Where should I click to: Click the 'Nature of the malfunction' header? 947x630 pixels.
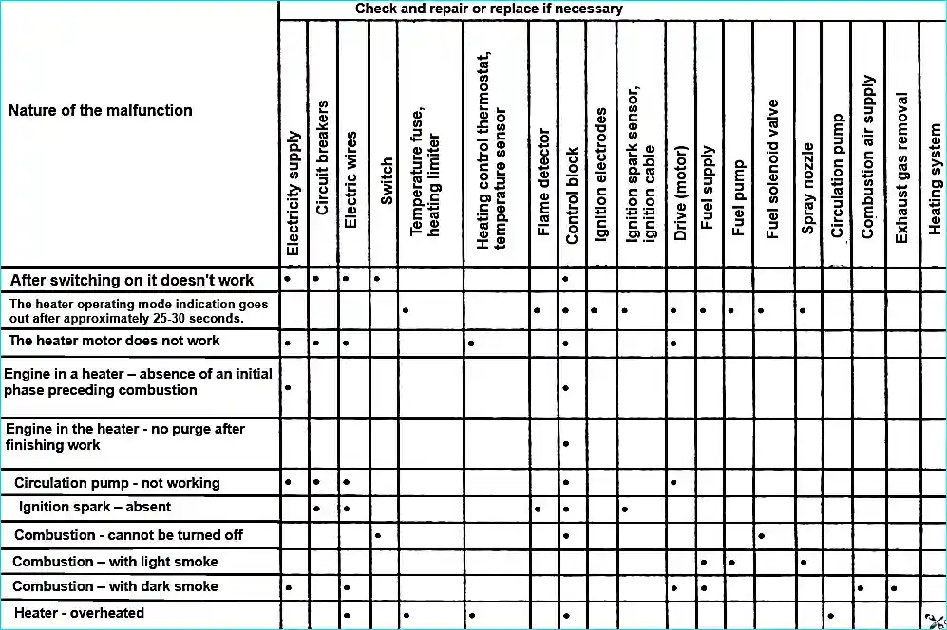(x=101, y=110)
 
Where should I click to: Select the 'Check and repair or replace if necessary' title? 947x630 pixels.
(x=489, y=9)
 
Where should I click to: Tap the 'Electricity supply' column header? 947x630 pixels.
(x=294, y=194)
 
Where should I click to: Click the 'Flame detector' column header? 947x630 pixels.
(x=543, y=182)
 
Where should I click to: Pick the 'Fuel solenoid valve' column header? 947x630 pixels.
(x=772, y=169)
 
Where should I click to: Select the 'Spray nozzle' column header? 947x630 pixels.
(x=807, y=188)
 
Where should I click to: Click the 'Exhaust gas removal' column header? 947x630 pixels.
(x=901, y=167)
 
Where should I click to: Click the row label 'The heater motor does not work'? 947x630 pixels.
(x=114, y=341)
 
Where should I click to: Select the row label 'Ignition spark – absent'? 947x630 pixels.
(x=95, y=507)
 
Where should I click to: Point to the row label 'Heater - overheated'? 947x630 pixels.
(x=80, y=613)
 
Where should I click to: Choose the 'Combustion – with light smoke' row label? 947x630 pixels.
(x=115, y=561)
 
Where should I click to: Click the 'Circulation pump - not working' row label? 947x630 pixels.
(x=117, y=483)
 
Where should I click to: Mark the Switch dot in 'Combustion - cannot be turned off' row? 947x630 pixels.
(x=378, y=535)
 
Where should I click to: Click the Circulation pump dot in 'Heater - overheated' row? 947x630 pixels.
(x=831, y=615)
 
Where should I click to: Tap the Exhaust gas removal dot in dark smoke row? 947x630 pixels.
(x=895, y=588)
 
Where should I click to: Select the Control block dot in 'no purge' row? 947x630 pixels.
(x=566, y=443)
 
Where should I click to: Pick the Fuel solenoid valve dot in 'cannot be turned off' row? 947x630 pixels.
(x=762, y=535)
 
